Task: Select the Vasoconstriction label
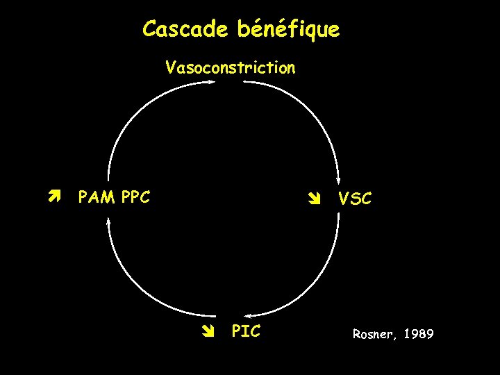tap(230, 67)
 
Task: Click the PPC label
tap(135, 197)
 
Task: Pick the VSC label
tap(354, 199)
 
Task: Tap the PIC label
tap(246, 331)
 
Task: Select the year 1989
tap(418, 335)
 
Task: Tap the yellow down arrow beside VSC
tap(313, 199)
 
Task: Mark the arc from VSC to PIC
tap(312, 285)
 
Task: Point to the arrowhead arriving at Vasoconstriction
tap(212, 82)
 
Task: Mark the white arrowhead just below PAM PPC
tap(108, 221)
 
